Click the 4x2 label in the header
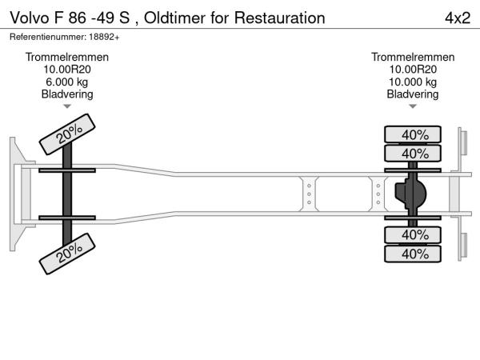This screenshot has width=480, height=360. pos(456,17)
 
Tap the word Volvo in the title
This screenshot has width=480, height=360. pos(30,17)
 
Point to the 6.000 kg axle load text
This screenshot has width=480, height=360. pos(67,82)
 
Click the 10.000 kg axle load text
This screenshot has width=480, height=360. pos(413,82)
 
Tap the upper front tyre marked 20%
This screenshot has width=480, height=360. pos(70,135)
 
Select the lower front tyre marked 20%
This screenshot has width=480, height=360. pos(70,254)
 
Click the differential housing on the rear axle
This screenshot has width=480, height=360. pos(411,194)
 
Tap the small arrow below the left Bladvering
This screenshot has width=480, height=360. pos(67,106)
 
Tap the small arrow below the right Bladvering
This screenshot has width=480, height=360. pos(413,106)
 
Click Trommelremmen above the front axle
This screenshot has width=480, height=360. pos(67,57)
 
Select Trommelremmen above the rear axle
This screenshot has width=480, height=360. pos(413,57)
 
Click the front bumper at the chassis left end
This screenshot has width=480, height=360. pos(16,194)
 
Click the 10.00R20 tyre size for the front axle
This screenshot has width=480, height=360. pos(67,69)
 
